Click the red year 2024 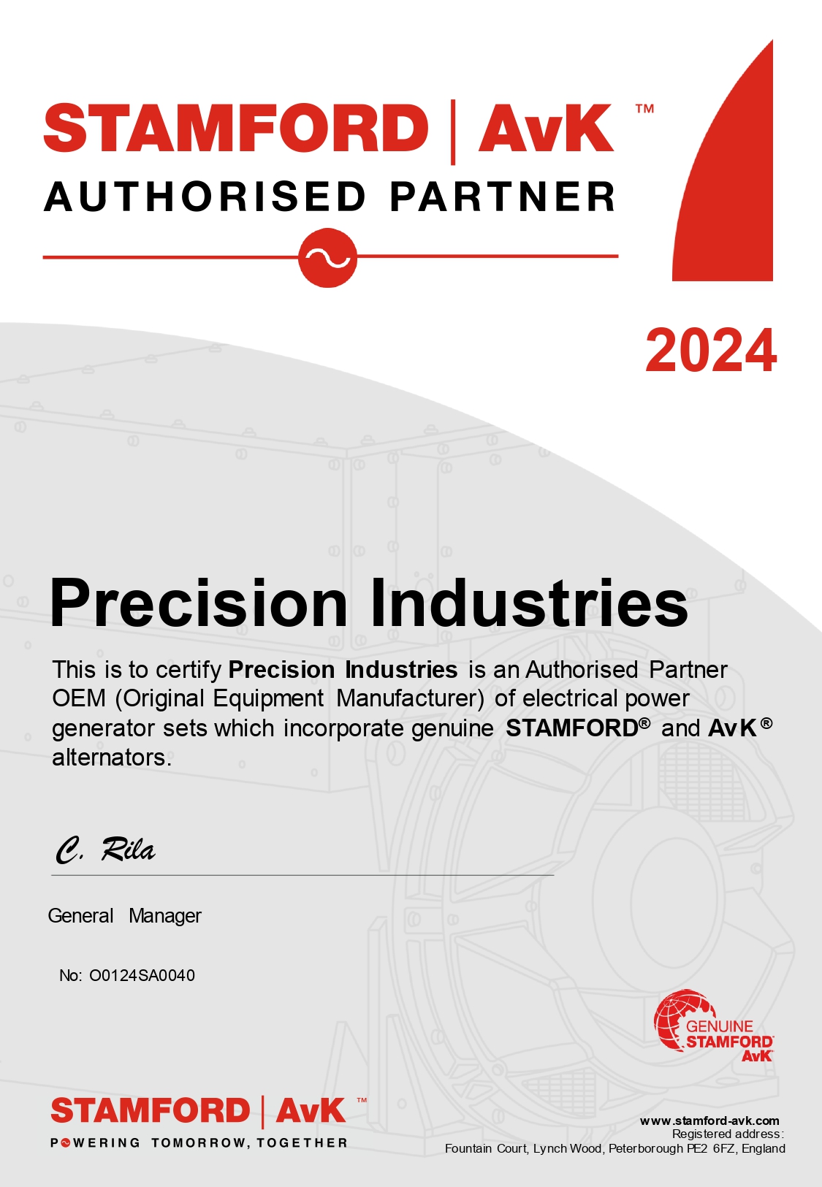click(x=711, y=351)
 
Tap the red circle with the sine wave click(x=327, y=258)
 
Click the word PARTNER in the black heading click(x=503, y=196)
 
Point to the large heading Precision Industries click(x=369, y=603)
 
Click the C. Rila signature click(x=105, y=850)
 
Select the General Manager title click(x=124, y=916)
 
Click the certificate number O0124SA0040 click(x=142, y=976)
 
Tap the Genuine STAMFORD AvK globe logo click(x=713, y=1026)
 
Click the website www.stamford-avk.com click(x=709, y=1121)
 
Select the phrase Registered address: click(x=728, y=1134)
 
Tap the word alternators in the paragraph click(x=112, y=757)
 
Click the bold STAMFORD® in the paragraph click(x=578, y=728)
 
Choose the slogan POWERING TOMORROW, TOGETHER click(x=199, y=1143)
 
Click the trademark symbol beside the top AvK click(x=644, y=109)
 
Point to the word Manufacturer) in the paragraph click(x=410, y=699)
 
